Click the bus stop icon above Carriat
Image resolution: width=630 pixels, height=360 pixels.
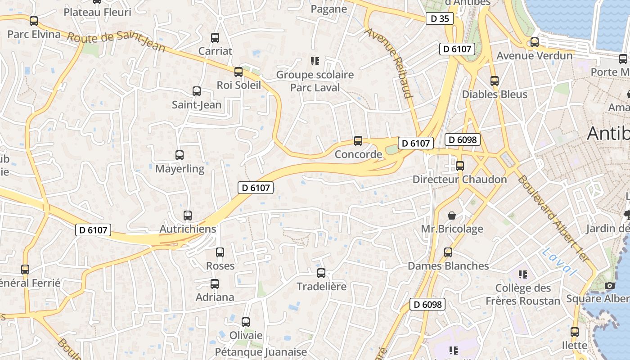215,38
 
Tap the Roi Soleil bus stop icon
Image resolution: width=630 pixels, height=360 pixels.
238,72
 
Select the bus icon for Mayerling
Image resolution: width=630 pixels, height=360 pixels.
180,155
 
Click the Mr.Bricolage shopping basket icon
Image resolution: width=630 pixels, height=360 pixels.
452,216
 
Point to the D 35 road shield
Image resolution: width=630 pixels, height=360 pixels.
439,18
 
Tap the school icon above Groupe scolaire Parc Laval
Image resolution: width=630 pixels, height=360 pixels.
315,61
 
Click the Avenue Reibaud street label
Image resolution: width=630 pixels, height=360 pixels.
389,63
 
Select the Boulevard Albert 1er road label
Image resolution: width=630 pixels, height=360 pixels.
553,218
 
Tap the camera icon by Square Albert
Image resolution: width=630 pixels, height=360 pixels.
610,285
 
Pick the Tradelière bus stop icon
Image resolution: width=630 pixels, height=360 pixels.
321,273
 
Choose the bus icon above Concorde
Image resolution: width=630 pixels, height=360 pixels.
358,141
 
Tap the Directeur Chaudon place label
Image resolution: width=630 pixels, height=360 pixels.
459,180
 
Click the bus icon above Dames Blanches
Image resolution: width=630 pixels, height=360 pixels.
448,252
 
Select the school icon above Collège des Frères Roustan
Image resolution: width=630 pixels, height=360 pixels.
522,274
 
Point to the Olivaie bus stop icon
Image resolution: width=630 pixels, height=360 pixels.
246,322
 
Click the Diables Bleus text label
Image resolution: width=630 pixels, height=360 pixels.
495,94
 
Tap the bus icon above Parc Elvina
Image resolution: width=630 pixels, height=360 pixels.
34,21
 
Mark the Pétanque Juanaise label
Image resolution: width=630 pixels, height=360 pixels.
261,352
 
